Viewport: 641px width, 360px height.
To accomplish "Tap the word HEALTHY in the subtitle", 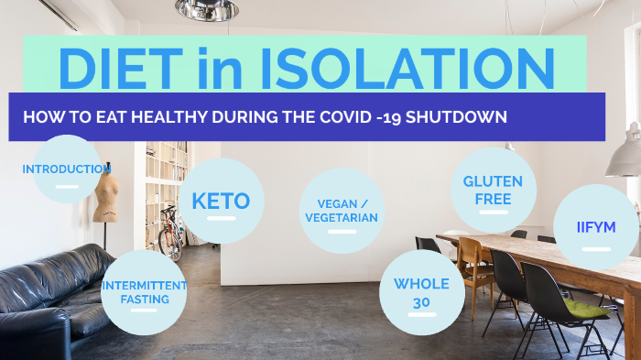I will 172,117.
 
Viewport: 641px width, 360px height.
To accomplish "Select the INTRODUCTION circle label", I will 67,169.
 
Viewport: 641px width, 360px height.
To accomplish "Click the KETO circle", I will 221,201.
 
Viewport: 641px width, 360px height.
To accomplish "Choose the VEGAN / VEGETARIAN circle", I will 342,212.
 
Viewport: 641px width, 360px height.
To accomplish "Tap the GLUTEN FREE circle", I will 493,190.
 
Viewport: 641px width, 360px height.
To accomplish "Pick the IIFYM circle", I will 596,226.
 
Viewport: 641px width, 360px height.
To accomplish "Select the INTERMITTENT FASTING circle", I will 144,292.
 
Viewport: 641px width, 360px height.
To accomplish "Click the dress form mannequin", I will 106,197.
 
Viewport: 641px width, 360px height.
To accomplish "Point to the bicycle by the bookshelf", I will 169,234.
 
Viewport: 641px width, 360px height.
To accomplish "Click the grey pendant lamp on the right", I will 625,156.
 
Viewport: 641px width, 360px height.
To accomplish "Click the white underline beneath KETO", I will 220,219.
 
